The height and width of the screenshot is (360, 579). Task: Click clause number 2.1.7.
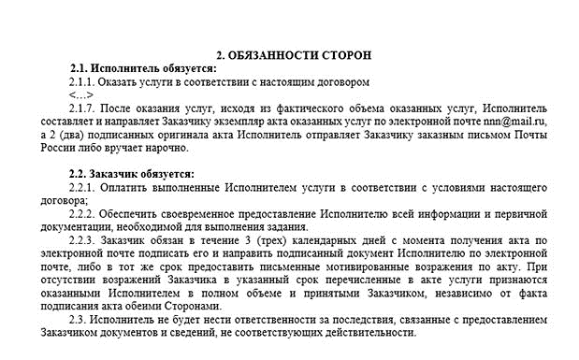pyautogui.click(x=84, y=108)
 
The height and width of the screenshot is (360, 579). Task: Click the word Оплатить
pyautogui.click(x=129, y=187)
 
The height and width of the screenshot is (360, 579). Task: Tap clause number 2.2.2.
pyautogui.click(x=84, y=213)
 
